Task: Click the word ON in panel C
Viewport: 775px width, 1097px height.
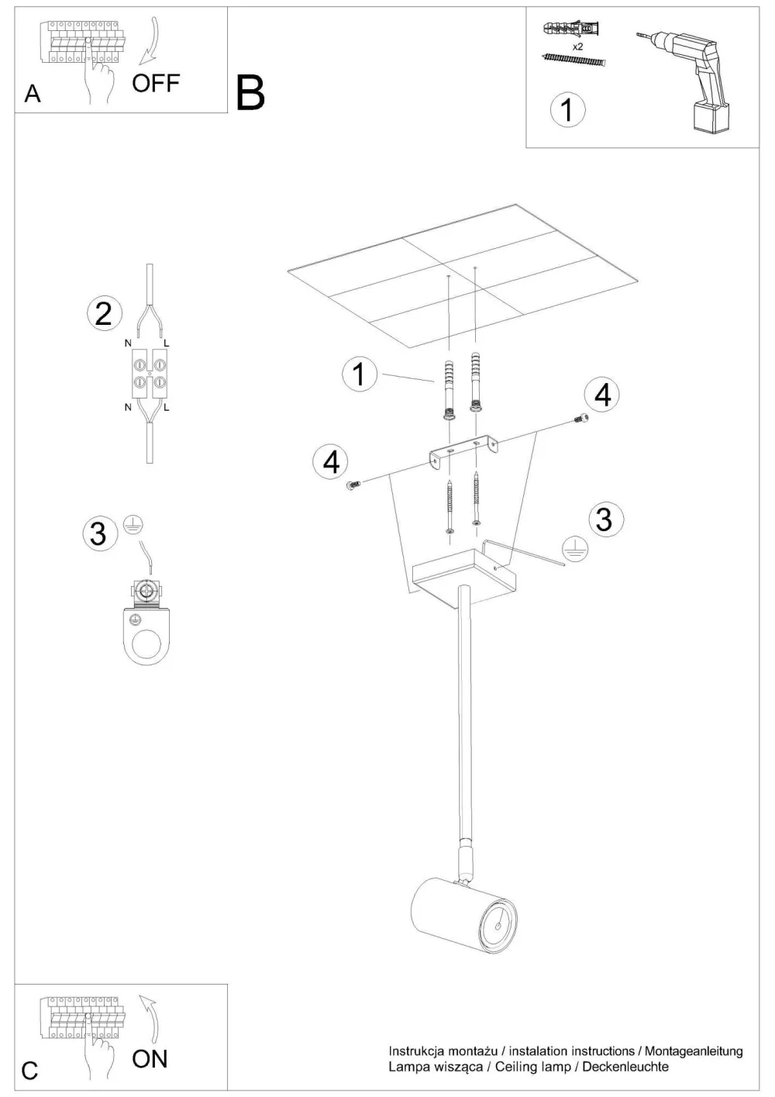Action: [x=150, y=1058]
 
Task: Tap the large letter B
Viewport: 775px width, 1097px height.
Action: [x=250, y=93]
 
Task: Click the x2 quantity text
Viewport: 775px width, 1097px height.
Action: [x=577, y=46]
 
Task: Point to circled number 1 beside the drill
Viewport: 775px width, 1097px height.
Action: [x=567, y=109]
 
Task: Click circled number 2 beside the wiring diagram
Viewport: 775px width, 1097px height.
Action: [x=104, y=313]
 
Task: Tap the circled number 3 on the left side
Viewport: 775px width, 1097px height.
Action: [x=98, y=533]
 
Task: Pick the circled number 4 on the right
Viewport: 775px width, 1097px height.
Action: [x=603, y=395]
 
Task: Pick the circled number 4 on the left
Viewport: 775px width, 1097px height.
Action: [x=331, y=462]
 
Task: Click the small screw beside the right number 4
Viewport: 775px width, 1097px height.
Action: [x=578, y=419]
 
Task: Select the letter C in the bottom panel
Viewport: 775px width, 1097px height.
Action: [x=29, y=1071]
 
